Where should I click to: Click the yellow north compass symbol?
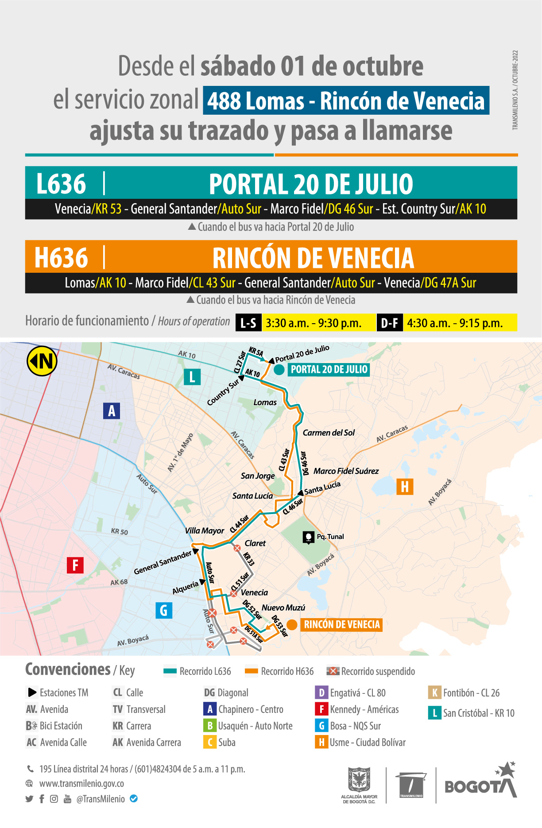click(x=42, y=361)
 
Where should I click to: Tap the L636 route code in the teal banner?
click(x=61, y=184)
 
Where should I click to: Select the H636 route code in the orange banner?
click(x=61, y=258)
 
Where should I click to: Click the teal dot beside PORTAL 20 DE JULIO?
click(x=279, y=370)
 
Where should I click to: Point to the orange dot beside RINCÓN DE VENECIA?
click(x=292, y=625)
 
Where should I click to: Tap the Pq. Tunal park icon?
click(x=308, y=537)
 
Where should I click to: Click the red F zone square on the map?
click(x=75, y=565)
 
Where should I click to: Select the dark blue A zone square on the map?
click(x=112, y=411)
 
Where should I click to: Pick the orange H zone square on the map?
click(x=404, y=487)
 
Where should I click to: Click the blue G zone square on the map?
click(x=163, y=611)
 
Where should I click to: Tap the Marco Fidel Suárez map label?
click(x=346, y=471)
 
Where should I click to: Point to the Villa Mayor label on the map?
click(x=205, y=530)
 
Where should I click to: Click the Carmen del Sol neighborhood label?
click(x=329, y=433)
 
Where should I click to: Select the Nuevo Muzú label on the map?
click(x=283, y=607)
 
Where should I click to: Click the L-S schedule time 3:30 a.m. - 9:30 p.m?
click(x=314, y=323)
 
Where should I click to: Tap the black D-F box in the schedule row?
click(x=390, y=323)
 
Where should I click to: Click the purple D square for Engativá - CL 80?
click(x=321, y=693)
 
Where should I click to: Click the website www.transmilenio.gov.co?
click(x=81, y=783)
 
